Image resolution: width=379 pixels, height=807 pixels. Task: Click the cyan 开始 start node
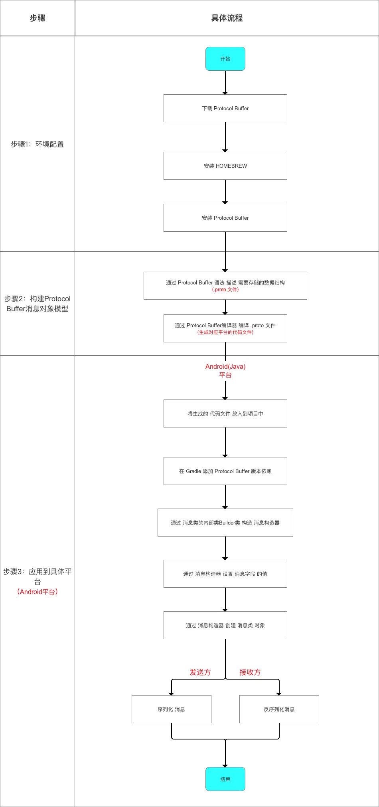225,59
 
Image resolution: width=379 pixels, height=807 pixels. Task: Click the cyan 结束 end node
225,779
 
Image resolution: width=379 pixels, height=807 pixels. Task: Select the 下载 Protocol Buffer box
225,108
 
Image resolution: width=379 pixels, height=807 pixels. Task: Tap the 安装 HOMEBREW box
225,166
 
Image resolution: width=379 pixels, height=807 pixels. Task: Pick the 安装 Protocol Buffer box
225,218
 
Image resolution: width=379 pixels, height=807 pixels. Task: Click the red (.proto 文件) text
225,290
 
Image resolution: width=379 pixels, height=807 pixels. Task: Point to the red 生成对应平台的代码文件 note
225,332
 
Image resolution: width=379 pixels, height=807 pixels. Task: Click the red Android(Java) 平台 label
225,370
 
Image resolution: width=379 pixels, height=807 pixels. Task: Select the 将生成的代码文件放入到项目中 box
225,413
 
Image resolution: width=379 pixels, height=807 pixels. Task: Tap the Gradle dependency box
225,471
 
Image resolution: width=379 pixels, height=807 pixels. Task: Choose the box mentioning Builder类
225,523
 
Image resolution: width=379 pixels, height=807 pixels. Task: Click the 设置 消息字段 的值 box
225,574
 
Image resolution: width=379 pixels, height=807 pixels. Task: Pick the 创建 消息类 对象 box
225,625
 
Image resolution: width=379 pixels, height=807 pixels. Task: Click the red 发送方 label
200,672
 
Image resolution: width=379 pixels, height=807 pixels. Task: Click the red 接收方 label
250,672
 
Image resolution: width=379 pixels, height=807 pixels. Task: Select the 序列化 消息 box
171,709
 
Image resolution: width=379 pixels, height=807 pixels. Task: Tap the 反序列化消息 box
279,709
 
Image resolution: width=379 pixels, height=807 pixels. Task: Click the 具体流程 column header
227,18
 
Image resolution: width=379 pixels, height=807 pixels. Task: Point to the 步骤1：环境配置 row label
37,144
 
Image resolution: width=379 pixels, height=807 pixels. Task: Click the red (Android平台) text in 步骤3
37,592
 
